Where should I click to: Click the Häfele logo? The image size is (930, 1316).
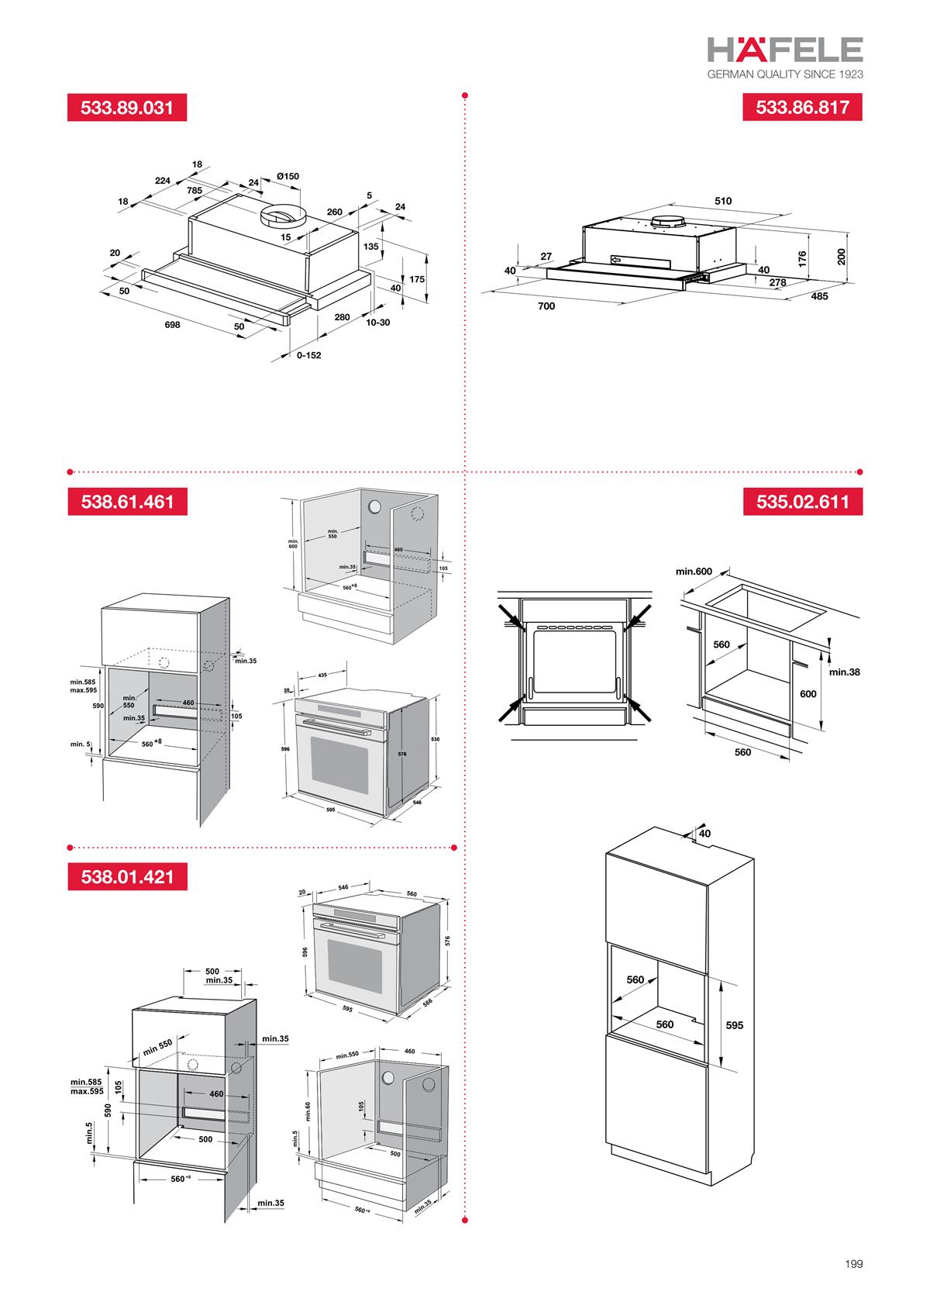click(x=784, y=50)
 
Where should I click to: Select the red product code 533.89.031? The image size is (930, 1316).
click(x=127, y=108)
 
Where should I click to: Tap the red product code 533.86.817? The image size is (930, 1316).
click(x=802, y=108)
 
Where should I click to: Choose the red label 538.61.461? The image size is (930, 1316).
click(x=127, y=502)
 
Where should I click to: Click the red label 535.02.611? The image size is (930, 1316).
click(x=802, y=502)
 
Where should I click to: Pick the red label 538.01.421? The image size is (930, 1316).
click(x=127, y=877)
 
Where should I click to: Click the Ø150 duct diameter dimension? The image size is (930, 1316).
click(x=288, y=177)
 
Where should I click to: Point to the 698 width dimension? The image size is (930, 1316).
click(x=172, y=325)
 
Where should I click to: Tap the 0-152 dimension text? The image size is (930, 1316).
click(x=308, y=355)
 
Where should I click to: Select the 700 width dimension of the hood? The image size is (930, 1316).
click(x=546, y=306)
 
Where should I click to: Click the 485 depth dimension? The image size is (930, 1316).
click(x=819, y=296)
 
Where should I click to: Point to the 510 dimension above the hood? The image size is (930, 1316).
click(x=722, y=201)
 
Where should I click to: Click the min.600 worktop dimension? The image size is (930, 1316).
click(x=694, y=572)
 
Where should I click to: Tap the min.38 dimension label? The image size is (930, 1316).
click(x=844, y=672)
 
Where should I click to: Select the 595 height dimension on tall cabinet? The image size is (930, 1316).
click(x=734, y=1025)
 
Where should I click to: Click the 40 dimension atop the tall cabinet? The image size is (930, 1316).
click(x=704, y=833)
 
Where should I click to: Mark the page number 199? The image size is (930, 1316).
click(x=853, y=1264)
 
